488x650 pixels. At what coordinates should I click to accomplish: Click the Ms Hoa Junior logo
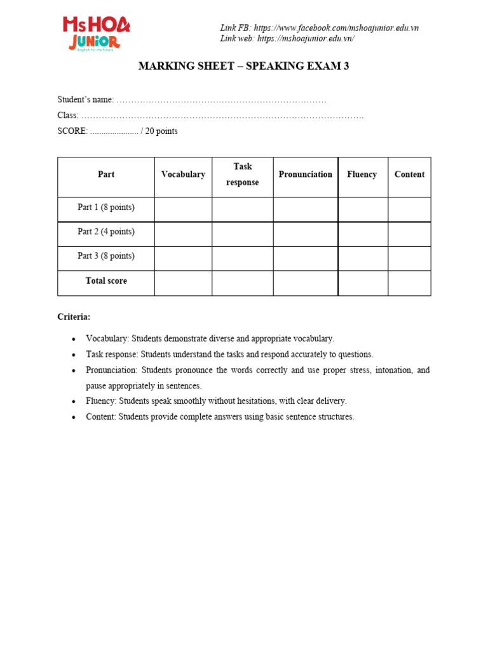96,34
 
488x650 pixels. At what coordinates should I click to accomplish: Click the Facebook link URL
336,28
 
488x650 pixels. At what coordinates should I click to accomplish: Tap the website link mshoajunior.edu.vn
306,39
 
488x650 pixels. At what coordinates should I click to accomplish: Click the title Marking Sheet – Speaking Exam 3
243,67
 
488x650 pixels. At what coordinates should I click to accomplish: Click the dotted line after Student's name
221,100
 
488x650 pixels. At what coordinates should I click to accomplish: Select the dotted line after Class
222,116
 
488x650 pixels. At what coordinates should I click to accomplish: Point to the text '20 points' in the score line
161,131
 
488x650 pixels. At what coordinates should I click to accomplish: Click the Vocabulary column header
183,175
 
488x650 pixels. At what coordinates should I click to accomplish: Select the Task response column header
243,175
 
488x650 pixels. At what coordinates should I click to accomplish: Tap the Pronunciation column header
305,175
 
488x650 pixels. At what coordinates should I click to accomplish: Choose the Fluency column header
362,175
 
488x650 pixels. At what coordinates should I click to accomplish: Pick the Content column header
409,175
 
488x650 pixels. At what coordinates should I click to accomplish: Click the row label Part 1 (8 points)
106,208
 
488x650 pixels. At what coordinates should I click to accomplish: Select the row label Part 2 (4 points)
106,232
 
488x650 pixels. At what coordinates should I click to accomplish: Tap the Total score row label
106,281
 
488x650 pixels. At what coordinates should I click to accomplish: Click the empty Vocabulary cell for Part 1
183,209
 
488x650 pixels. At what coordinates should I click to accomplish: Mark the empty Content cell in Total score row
409,283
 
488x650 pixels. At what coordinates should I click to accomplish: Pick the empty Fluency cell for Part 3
363,258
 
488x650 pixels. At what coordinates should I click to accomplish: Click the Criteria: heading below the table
74,317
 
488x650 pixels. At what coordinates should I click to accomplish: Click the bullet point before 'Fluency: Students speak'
74,402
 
